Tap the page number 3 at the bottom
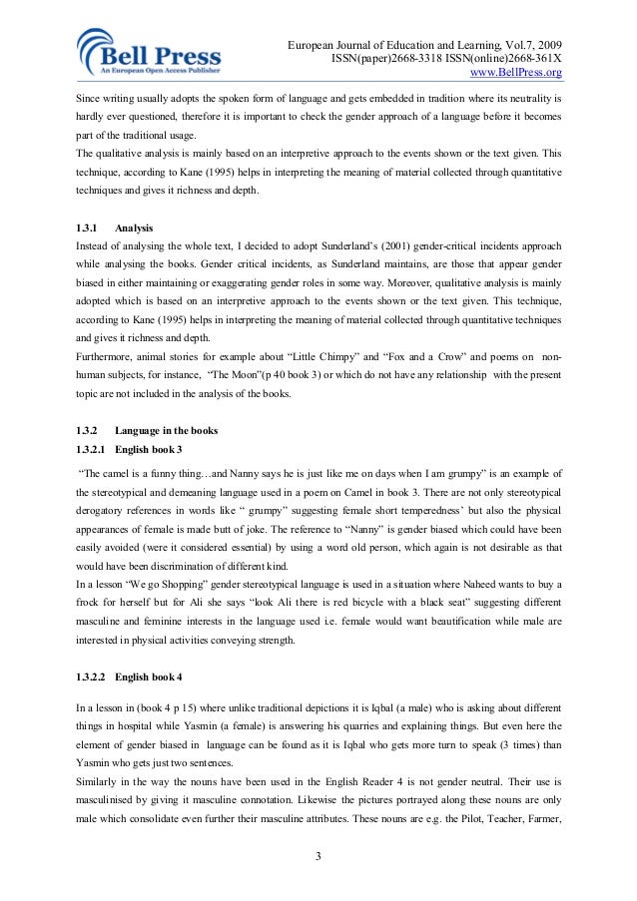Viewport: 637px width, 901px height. (x=318, y=855)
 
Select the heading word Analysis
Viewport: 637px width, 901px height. (x=134, y=227)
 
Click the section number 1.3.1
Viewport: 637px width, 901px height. (x=90, y=227)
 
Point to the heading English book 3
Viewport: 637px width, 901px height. (x=148, y=450)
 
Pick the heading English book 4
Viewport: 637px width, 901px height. (x=148, y=676)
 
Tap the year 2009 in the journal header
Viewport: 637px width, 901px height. (x=543, y=45)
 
